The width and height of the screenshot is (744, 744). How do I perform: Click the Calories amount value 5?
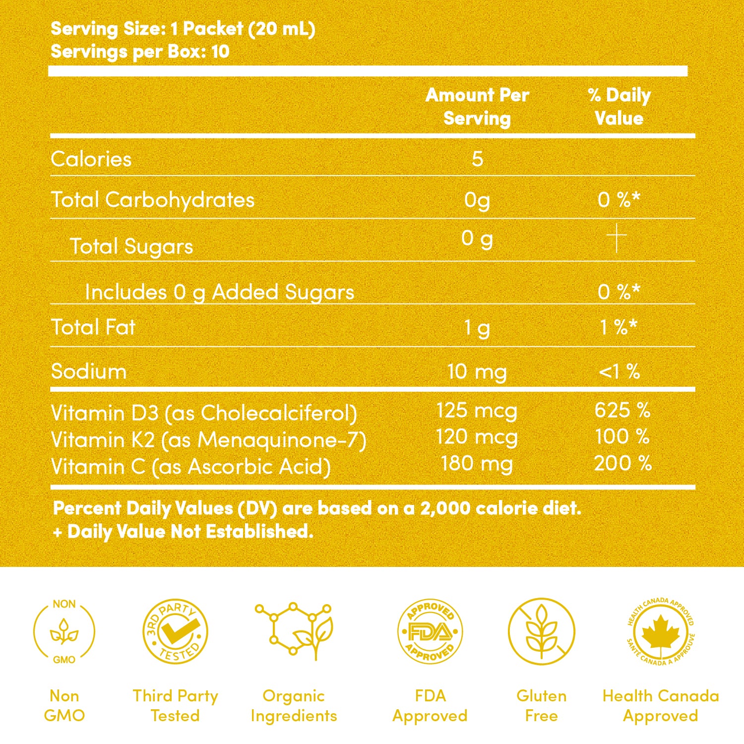[x=477, y=159]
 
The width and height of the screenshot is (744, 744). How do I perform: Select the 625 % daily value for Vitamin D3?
[x=622, y=410]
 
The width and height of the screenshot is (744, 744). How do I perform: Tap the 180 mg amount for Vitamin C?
[x=477, y=464]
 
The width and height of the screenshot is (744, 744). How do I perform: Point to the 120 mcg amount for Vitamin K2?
[x=477, y=437]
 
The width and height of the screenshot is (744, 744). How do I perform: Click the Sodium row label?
[x=89, y=372]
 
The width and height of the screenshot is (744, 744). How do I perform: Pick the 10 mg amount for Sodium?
[x=477, y=372]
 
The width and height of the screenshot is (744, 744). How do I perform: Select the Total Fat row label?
[x=93, y=327]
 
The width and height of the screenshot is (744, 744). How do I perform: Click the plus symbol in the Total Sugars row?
[x=617, y=238]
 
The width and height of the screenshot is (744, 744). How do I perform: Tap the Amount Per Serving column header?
[x=477, y=107]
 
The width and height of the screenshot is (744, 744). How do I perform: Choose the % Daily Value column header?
[x=619, y=107]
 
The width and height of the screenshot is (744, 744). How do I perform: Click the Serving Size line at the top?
[x=183, y=29]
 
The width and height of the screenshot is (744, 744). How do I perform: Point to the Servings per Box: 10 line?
[x=140, y=52]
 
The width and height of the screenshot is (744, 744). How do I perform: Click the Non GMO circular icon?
[x=64, y=631]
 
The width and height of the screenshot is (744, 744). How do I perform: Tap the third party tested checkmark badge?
[x=175, y=631]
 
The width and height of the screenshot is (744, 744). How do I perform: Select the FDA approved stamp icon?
[x=430, y=631]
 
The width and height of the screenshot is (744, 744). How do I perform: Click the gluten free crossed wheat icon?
[x=542, y=631]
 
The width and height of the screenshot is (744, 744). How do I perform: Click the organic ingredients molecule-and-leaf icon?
[x=294, y=630]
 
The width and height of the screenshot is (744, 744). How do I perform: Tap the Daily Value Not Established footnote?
[x=184, y=532]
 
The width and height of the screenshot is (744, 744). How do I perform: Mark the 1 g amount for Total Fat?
[x=477, y=327]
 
